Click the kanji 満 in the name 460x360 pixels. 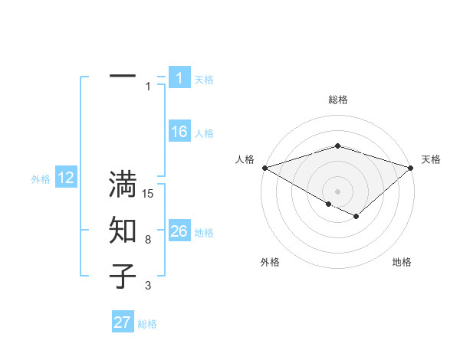[123, 185]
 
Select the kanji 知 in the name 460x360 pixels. [123, 231]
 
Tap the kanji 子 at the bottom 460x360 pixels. [123, 276]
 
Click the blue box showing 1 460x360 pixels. [179, 77]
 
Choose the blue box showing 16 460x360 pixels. [179, 132]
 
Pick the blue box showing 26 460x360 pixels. [179, 231]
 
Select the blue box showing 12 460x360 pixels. [65, 178]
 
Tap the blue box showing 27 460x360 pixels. [123, 322]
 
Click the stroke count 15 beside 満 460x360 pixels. [148, 194]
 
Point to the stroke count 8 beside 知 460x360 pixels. [148, 240]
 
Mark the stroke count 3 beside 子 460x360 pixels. [148, 286]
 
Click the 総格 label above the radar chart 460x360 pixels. [337, 100]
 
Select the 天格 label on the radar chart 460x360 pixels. [431, 159]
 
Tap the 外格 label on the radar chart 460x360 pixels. [270, 262]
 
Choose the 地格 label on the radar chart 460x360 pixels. [402, 262]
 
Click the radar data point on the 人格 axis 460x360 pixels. [264, 167]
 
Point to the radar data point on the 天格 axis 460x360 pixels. [411, 167]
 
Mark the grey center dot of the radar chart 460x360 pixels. [337, 191]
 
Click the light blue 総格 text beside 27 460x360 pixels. [147, 324]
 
